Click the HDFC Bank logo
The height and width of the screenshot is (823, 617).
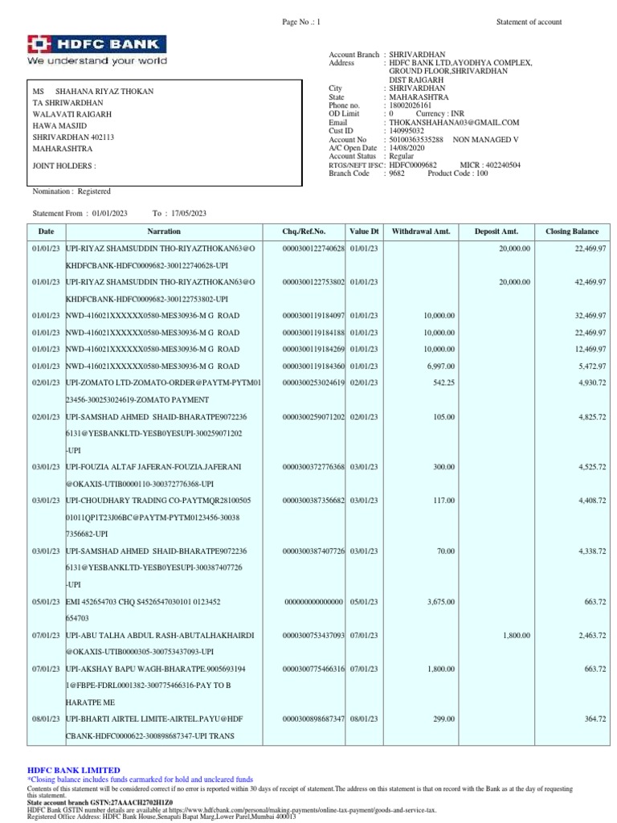[x=97, y=50]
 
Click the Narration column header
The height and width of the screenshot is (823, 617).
[x=158, y=231]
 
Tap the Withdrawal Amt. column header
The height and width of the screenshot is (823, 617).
[x=422, y=231]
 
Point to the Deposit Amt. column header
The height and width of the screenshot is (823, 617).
[x=498, y=231]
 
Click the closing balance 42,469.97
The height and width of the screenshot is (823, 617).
[x=590, y=282]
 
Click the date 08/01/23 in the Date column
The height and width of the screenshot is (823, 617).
[x=46, y=719]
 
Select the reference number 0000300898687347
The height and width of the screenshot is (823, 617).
[x=313, y=719]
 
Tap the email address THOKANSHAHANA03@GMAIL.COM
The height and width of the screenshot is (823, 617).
[x=454, y=122]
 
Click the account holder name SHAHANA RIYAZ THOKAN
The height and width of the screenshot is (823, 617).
[x=104, y=92]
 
